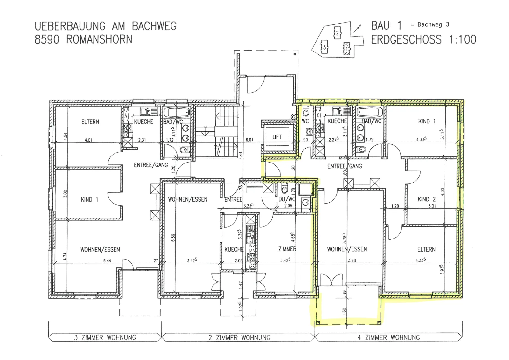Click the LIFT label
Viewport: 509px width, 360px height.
(277, 137)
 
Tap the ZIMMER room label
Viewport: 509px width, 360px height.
(287, 249)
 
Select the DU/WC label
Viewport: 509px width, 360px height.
(287, 199)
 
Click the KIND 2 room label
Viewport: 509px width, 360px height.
(427, 199)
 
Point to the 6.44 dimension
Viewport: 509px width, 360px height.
(107, 261)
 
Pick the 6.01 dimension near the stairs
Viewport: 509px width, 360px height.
(249, 140)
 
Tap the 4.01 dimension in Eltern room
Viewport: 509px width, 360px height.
(88, 140)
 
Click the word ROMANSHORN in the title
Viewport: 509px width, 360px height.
(99, 39)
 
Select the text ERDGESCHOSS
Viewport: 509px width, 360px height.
(406, 39)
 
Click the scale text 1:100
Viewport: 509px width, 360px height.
(462, 39)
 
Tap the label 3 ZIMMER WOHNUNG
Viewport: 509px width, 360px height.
(105, 337)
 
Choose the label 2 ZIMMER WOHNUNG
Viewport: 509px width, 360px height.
(240, 337)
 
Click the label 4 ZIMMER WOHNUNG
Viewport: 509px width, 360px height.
(389, 337)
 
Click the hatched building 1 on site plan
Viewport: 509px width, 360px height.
(346, 49)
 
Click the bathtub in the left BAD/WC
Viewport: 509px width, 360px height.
(176, 113)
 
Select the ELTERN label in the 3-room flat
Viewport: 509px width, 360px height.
(90, 122)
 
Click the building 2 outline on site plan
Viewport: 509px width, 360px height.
(337, 33)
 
